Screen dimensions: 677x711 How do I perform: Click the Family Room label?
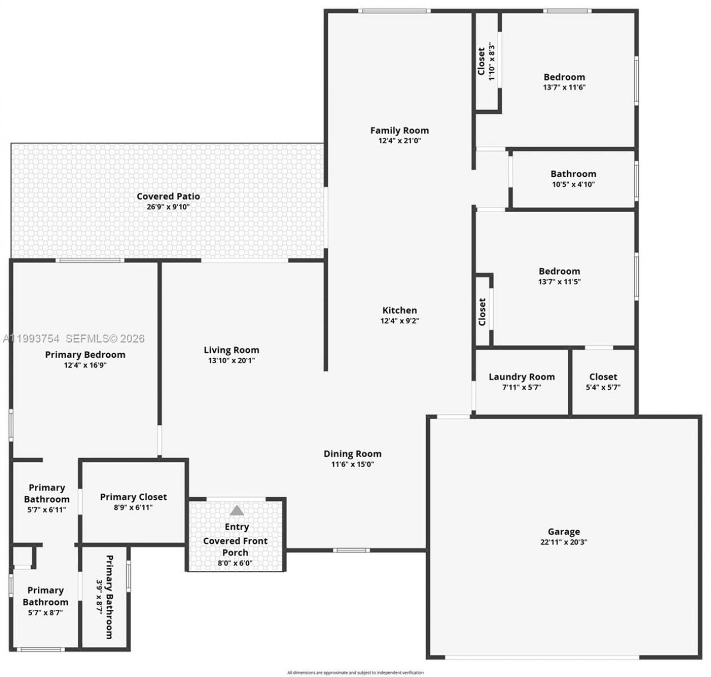(x=399, y=131)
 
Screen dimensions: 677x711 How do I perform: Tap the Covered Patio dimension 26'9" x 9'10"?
(x=168, y=207)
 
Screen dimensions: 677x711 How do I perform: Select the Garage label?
(x=564, y=531)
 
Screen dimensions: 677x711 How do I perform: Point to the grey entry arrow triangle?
(x=237, y=510)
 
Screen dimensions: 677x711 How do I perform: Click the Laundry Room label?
(x=522, y=377)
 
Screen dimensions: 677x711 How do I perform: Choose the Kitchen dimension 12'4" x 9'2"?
(x=399, y=320)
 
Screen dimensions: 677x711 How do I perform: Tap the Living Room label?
(x=231, y=350)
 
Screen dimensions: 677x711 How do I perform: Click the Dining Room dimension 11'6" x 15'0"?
(x=352, y=464)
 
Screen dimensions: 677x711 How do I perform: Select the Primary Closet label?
(x=133, y=497)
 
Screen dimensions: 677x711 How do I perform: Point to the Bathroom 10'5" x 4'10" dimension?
(x=573, y=184)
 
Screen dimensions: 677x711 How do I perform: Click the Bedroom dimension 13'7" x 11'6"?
(x=564, y=87)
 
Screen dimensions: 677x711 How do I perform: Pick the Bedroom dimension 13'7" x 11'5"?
(x=559, y=282)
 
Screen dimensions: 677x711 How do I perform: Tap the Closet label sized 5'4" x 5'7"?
(x=603, y=377)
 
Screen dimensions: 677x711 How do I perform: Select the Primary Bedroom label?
(x=85, y=354)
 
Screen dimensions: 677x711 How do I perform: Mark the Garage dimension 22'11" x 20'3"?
(x=564, y=542)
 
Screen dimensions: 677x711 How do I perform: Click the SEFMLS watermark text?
(x=105, y=338)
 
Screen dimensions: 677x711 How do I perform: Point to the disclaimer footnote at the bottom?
(x=355, y=673)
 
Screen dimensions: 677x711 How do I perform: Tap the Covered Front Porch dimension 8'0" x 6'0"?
(x=235, y=563)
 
